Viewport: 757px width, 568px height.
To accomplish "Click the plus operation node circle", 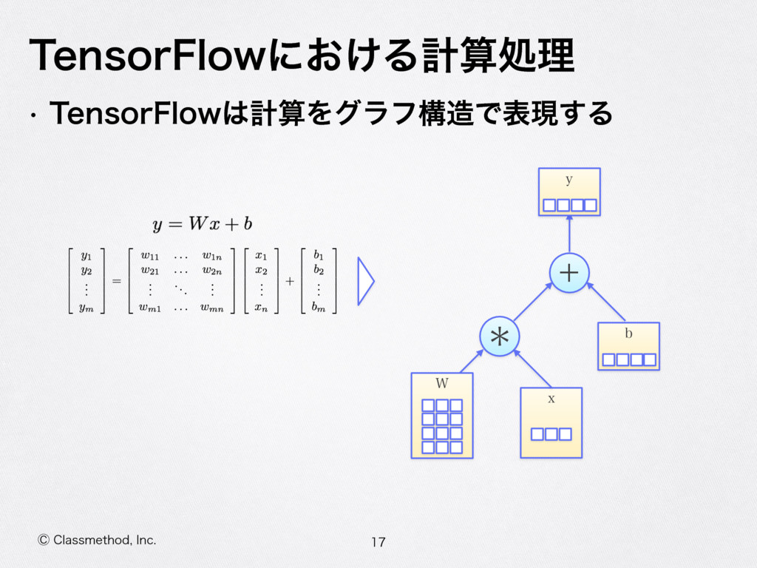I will click(x=569, y=273).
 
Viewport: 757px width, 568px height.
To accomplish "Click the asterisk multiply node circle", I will click(x=499, y=337).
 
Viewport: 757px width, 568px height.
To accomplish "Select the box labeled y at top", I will click(x=569, y=192).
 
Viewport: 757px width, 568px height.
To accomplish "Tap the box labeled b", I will click(x=628, y=346).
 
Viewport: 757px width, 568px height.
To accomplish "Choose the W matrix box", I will click(x=442, y=416).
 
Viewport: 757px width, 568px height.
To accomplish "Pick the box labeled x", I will click(x=551, y=422).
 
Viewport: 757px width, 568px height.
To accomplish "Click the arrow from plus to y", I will click(x=569, y=234).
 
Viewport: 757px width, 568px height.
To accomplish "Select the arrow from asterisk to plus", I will click(x=534, y=302).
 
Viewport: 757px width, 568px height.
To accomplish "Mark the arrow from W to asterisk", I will click(x=471, y=361).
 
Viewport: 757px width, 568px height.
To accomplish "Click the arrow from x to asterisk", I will click(x=533, y=368).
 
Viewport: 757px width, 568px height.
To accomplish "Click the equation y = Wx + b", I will click(x=203, y=223).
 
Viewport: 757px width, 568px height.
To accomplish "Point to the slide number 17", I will click(x=378, y=543).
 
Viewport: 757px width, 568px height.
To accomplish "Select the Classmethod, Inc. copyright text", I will click(x=97, y=541).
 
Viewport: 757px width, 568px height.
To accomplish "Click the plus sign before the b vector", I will click(x=290, y=282).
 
